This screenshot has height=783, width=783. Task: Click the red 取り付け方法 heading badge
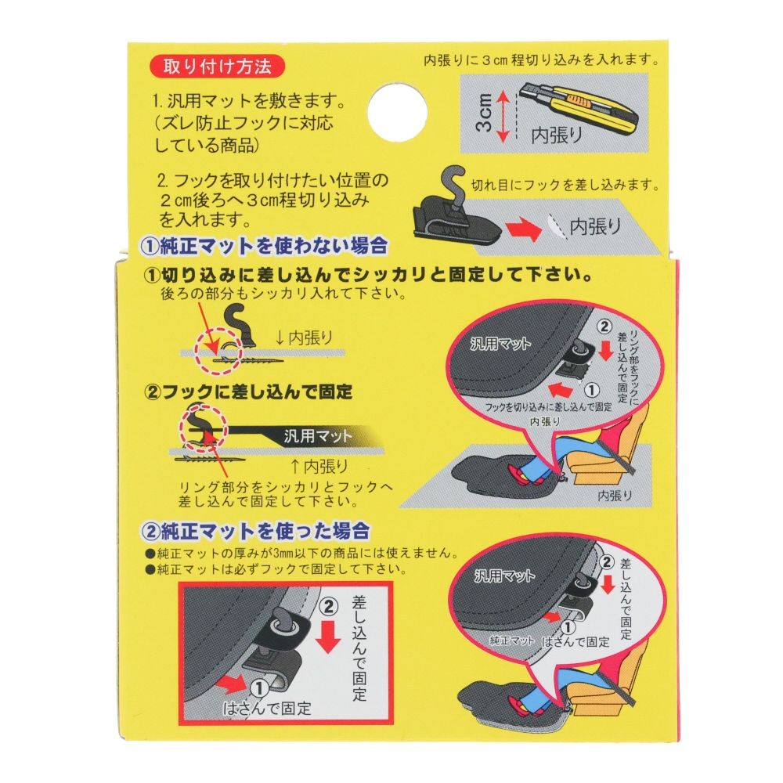(216, 67)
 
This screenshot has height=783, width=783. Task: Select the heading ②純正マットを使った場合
(254, 532)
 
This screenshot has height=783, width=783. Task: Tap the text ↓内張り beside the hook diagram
(305, 337)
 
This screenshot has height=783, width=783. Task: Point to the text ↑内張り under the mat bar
(319, 467)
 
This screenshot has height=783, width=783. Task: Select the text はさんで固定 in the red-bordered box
(268, 709)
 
